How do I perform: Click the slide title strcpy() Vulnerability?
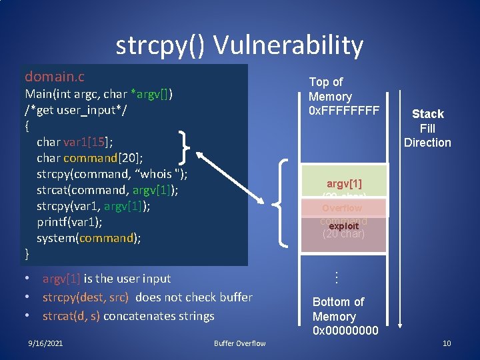coord(239,45)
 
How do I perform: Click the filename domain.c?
coord(55,77)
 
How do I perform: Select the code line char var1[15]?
coord(74,141)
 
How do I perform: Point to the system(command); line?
coord(89,238)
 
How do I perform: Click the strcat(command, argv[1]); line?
coord(107,190)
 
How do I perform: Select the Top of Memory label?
coord(330,89)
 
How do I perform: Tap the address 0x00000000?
coord(345,331)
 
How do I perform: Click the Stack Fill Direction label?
coord(427,128)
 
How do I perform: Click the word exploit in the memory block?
coord(344,227)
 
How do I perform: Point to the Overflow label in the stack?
coord(341,208)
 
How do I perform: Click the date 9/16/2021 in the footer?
coord(46,343)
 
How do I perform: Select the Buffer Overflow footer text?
coord(239,343)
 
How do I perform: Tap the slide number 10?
coord(447,343)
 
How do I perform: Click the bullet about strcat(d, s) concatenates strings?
coord(128,316)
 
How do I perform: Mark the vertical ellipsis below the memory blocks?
coord(337,275)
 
